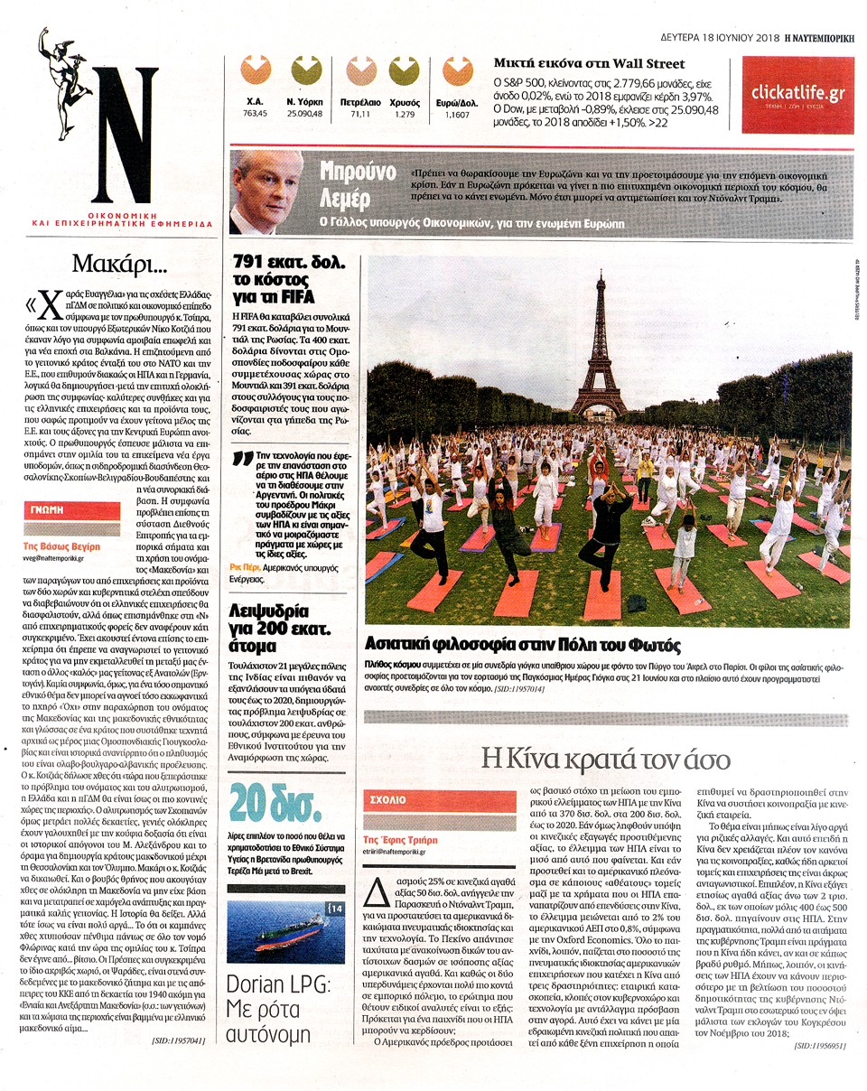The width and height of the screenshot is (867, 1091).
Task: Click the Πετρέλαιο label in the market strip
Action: pyautogui.click(x=360, y=103)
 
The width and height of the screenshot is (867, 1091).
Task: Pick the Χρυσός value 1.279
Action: pyautogui.click(x=404, y=115)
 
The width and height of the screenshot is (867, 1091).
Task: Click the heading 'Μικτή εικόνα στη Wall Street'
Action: pyautogui.click(x=589, y=63)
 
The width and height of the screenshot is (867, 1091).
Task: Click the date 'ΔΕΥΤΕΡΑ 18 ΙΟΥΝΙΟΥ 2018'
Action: pyautogui.click(x=705, y=39)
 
